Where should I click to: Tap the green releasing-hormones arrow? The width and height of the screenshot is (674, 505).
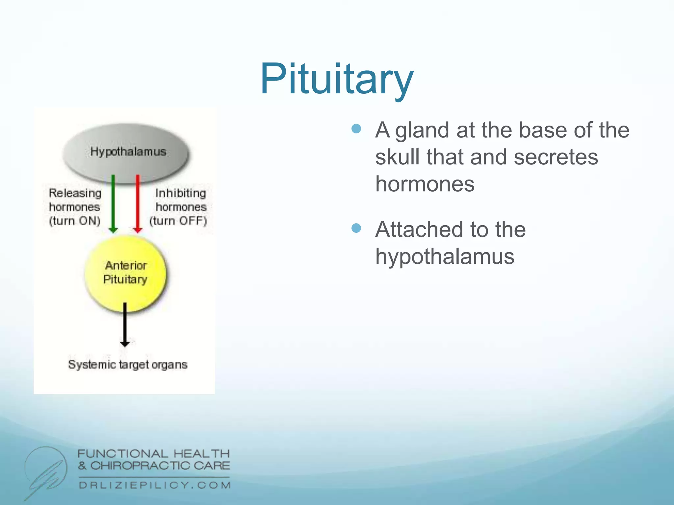pyautogui.click(x=113, y=204)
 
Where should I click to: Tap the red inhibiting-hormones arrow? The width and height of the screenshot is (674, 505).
pyautogui.click(x=138, y=204)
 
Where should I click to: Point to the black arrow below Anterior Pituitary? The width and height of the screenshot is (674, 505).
pyautogui.click(x=125, y=325)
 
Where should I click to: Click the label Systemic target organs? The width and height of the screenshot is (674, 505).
pyautogui.click(x=128, y=365)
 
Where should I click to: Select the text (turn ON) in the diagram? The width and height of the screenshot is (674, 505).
pyautogui.click(x=75, y=221)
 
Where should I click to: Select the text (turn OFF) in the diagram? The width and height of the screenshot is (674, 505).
pyautogui.click(x=178, y=221)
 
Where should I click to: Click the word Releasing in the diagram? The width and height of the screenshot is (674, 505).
pyautogui.click(x=75, y=193)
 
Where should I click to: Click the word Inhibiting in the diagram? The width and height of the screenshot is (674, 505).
pyautogui.click(x=181, y=193)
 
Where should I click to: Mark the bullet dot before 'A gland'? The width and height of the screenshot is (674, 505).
pyautogui.click(x=356, y=129)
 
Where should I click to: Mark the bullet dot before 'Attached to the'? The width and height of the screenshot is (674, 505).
pyautogui.click(x=356, y=228)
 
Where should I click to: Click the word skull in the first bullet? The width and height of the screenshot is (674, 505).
pyautogui.click(x=397, y=157)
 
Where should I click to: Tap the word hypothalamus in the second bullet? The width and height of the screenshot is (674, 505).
pyautogui.click(x=445, y=257)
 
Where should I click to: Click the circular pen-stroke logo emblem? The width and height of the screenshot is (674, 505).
pyautogui.click(x=46, y=470)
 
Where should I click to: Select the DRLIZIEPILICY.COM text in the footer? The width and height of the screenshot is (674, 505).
pyautogui.click(x=155, y=485)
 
